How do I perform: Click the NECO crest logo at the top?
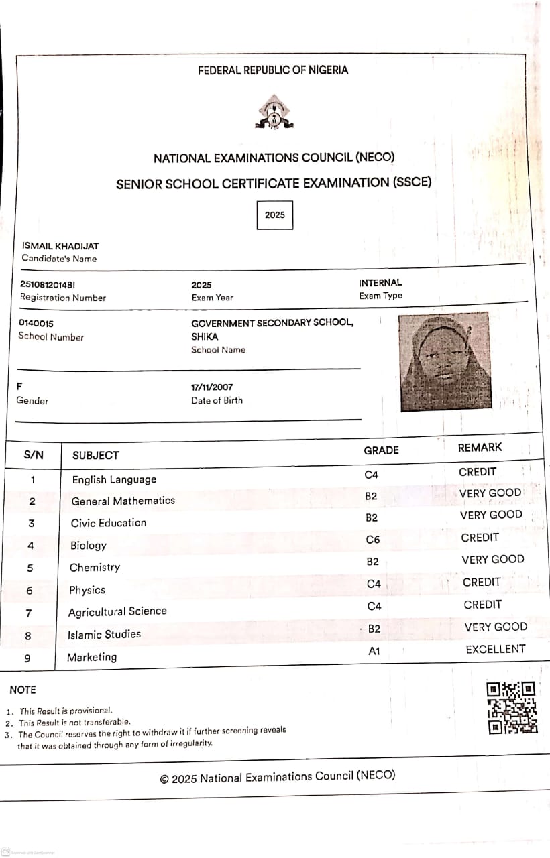tap(274, 112)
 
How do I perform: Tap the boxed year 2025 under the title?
tap(275, 215)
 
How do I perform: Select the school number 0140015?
tap(36, 323)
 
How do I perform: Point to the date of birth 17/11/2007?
tap(212, 387)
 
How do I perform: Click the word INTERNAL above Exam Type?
tap(380, 283)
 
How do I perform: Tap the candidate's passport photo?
tap(444, 361)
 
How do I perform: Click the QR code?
tap(512, 708)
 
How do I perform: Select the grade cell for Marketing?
tap(374, 651)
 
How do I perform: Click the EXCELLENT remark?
tap(496, 649)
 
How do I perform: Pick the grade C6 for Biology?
tap(374, 540)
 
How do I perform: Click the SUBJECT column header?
tap(96, 455)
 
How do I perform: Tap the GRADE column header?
tap(381, 450)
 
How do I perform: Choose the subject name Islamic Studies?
tap(105, 634)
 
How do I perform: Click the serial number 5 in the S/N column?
tap(30, 568)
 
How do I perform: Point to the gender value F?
tap(19, 387)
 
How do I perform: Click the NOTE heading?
tap(23, 690)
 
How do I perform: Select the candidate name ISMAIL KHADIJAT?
tap(60, 246)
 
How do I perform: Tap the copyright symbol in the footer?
tap(164, 779)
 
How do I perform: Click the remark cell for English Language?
tap(478, 472)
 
